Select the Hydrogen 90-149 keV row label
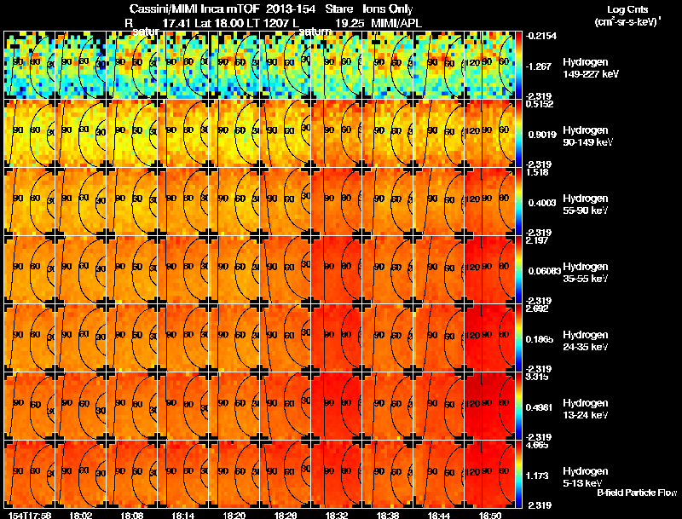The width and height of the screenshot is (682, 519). [587, 137]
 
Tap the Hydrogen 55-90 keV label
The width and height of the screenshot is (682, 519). [587, 205]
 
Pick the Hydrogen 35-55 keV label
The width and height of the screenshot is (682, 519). [587, 273]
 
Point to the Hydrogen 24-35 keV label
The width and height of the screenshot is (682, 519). [587, 341]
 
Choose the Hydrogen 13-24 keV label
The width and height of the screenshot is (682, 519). [587, 408]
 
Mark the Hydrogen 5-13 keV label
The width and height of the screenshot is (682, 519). [587, 476]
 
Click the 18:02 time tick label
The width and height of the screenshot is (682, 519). [82, 515]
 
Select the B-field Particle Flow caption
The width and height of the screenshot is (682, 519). [637, 493]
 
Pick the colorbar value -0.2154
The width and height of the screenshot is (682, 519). [542, 37]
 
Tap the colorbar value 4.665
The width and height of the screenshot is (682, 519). [537, 446]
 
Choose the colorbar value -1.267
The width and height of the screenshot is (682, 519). [540, 66]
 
